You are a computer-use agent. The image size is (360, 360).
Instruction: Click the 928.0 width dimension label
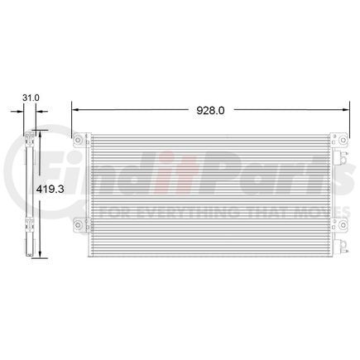(210, 110)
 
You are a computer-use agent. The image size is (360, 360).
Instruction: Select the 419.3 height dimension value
(50, 189)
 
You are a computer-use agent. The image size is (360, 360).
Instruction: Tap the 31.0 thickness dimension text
(31, 98)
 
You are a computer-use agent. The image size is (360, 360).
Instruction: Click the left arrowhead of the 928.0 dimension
(75, 110)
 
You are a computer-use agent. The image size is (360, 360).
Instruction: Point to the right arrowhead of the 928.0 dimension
(346, 110)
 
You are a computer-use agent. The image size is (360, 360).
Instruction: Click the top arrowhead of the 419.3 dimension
(41, 134)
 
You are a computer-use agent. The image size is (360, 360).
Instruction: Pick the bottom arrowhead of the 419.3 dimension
(41, 254)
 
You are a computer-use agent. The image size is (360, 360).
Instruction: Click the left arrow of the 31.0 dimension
(17, 112)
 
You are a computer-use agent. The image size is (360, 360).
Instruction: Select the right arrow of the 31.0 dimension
(41, 112)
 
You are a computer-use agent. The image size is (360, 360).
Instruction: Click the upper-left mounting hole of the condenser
(78, 140)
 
